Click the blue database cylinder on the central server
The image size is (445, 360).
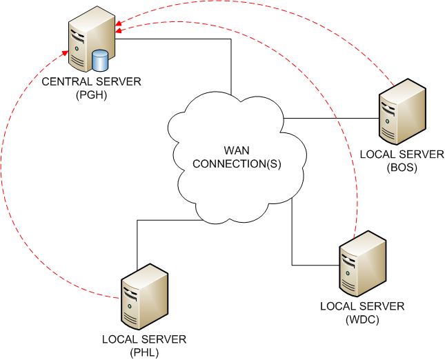tap(101, 61)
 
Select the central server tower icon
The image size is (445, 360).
tap(86, 41)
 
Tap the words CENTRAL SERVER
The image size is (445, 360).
tap(91, 81)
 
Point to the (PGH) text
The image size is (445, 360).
tap(91, 94)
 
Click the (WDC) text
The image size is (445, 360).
tap(362, 320)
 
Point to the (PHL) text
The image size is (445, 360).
tap(144, 352)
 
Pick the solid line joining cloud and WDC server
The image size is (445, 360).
tap(292, 241)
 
